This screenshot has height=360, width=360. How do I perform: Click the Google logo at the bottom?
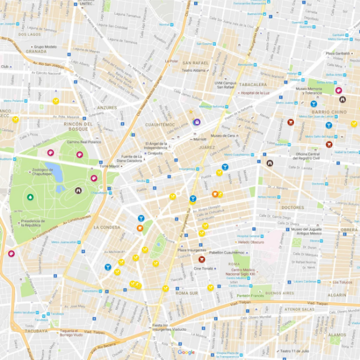tap(186, 352)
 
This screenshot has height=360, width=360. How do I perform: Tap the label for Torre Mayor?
tap(109, 166)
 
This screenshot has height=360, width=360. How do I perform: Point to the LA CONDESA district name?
tap(107, 226)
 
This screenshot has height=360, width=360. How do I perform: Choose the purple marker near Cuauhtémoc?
tap(197, 122)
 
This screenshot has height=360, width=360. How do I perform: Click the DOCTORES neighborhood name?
tap(292, 207)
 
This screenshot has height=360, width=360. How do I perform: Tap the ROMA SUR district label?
tap(187, 293)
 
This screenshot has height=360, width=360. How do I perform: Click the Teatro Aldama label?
tap(194, 70)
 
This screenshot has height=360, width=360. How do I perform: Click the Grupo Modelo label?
tap(46, 46)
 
